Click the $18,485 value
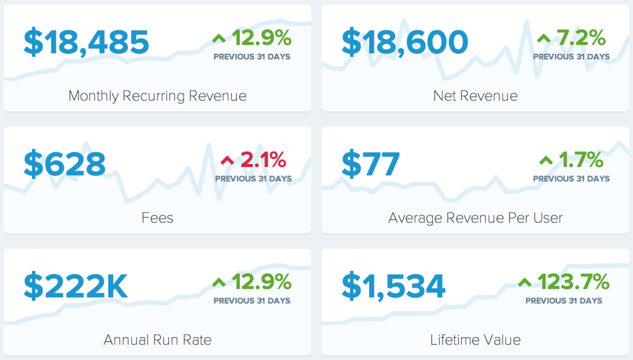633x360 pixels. (x=87, y=42)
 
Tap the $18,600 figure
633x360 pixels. (x=405, y=42)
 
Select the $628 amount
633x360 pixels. (x=65, y=164)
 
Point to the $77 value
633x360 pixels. (x=371, y=164)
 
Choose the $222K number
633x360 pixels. (x=76, y=286)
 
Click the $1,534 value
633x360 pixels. (x=394, y=286)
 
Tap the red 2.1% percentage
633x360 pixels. (x=263, y=161)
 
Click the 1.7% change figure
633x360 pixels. (x=581, y=161)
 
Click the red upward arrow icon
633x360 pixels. (x=227, y=161)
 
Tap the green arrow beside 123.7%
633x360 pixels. (x=525, y=283)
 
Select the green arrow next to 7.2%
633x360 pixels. (x=544, y=39)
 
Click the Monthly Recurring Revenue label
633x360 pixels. (x=157, y=96)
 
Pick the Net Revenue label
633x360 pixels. (x=475, y=96)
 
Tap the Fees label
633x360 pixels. (x=157, y=218)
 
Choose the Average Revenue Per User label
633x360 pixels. (x=475, y=218)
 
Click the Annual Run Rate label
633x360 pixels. (x=157, y=340)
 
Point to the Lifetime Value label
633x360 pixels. (x=475, y=340)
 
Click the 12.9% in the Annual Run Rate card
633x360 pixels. (x=261, y=283)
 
